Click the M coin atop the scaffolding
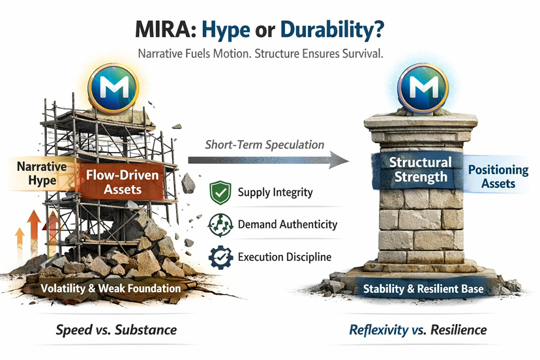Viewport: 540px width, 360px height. tap(113, 88)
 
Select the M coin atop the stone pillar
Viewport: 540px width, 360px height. tap(423, 88)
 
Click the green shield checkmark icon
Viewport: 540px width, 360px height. tap(220, 192)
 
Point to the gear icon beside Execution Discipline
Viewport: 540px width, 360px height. tap(220, 258)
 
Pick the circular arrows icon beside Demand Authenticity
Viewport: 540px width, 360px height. tap(220, 225)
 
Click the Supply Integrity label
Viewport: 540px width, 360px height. tap(275, 192)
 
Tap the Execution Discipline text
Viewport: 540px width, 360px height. tap(285, 257)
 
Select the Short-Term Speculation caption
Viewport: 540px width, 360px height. tap(265, 145)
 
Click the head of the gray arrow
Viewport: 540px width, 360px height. tap(339, 160)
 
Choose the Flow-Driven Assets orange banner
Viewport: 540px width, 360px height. tap(122, 182)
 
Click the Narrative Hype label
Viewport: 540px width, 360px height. tap(42, 173)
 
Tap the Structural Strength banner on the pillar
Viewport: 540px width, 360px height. tap(420, 170)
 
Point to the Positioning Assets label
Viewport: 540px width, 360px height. tap(498, 176)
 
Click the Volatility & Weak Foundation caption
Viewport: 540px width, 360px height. tap(111, 288)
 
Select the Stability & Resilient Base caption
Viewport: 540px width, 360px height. tap(424, 289)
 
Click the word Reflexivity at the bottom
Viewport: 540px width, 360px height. tap(379, 330)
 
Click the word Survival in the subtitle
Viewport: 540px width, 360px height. tap(363, 54)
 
